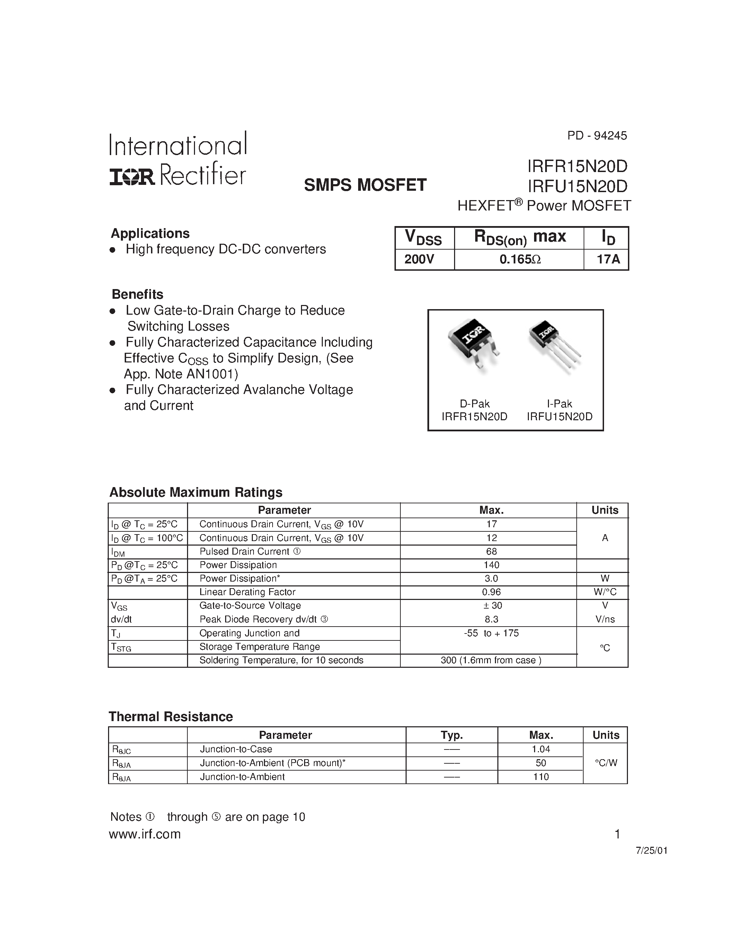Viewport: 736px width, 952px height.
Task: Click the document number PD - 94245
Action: (x=596, y=136)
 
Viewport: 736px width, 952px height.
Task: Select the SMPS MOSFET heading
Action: (x=365, y=185)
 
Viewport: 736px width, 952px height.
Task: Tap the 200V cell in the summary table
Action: (x=419, y=259)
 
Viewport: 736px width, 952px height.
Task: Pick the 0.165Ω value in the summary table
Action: (x=520, y=259)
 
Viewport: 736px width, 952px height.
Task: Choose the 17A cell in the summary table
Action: (x=608, y=259)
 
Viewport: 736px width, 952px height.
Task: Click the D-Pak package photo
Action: (x=474, y=343)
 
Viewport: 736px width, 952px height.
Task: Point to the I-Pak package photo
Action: (x=554, y=344)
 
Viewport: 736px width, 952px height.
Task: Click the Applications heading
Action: (x=150, y=233)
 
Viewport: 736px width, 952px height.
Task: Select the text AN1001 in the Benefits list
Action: (x=210, y=374)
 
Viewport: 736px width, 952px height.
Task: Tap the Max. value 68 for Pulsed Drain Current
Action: (x=491, y=551)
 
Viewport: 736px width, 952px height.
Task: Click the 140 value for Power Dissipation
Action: (x=491, y=565)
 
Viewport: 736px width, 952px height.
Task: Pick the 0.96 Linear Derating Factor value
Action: (x=491, y=592)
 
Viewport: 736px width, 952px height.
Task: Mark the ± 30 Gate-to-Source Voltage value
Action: (x=491, y=605)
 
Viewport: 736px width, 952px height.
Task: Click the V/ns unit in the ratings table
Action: (x=605, y=619)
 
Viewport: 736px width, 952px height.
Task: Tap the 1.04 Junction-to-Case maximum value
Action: (x=541, y=749)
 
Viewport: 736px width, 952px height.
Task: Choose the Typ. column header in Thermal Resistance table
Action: (x=452, y=735)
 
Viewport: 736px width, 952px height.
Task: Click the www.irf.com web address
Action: (x=145, y=834)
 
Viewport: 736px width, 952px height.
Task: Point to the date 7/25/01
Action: (x=651, y=851)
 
